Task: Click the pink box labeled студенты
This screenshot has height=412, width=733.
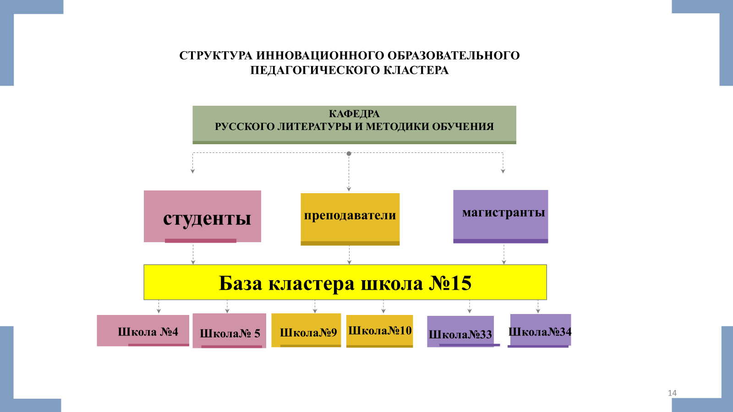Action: click(202, 216)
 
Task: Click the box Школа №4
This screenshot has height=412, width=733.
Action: click(143, 331)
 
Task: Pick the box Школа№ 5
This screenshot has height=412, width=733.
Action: click(229, 331)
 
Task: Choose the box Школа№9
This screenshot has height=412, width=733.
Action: click(306, 331)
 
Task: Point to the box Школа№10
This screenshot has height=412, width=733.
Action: click(379, 331)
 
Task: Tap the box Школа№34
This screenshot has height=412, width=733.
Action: click(541, 331)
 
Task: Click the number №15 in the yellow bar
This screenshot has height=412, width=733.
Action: click(450, 283)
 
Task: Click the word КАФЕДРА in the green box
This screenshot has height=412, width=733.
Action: click(354, 114)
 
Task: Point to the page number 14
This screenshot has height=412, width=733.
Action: click(672, 393)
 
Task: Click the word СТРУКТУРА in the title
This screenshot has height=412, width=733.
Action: click(216, 56)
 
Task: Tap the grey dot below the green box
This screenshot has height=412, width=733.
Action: click(349, 153)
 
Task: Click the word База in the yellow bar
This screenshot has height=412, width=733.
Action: click(240, 283)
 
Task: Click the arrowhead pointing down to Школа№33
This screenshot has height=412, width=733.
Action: click(470, 311)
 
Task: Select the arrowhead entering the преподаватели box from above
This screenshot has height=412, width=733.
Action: click(349, 189)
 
